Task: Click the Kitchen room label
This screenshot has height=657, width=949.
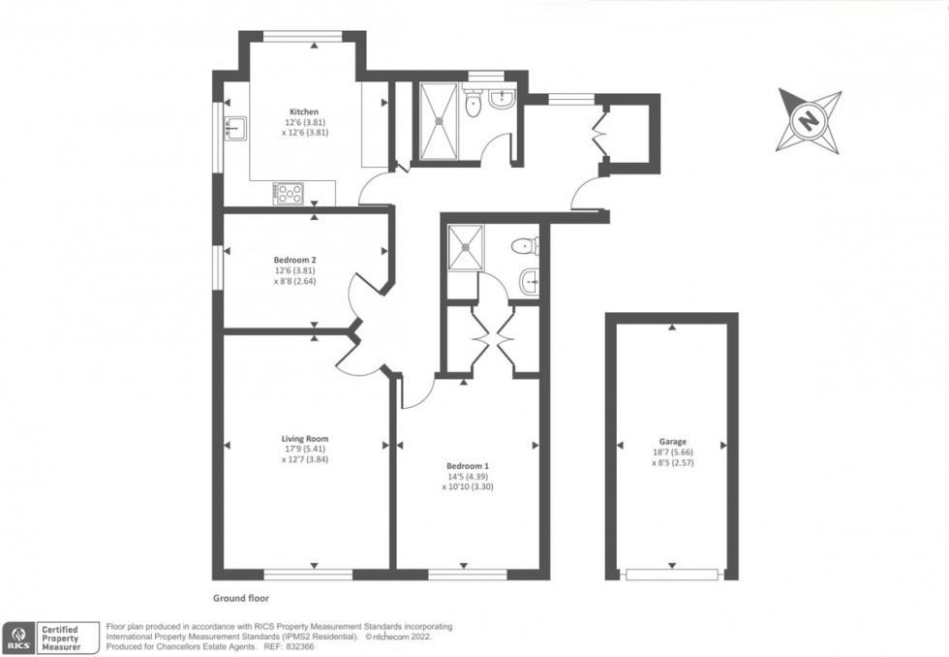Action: click(x=303, y=112)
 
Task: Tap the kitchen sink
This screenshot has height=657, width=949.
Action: click(x=235, y=126)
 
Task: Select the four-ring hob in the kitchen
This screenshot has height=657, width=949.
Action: click(x=290, y=194)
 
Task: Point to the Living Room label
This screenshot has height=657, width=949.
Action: click(x=305, y=439)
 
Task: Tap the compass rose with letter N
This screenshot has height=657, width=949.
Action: click(x=808, y=121)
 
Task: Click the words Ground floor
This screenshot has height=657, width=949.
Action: click(x=242, y=600)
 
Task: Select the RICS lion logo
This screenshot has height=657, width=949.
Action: click(x=18, y=637)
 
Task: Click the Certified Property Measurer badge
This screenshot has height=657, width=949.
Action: click(x=66, y=638)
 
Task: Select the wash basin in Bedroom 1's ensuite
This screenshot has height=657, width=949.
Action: click(x=529, y=282)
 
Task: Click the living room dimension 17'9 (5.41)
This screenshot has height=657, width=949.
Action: click(x=305, y=450)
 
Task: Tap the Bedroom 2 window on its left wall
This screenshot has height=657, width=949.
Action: click(x=218, y=266)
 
